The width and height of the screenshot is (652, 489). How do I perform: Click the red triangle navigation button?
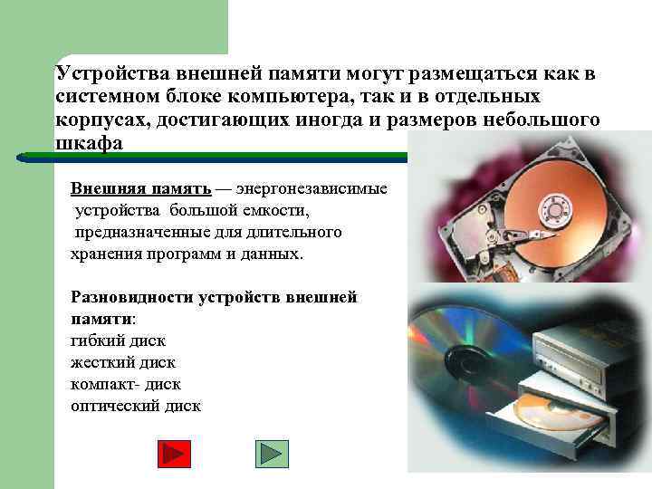(174, 454)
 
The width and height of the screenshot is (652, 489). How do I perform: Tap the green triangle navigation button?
(272, 454)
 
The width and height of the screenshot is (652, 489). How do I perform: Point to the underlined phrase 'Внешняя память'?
(140, 189)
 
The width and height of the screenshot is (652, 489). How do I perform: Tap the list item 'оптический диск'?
(136, 406)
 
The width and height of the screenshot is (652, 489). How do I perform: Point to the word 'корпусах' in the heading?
(93, 120)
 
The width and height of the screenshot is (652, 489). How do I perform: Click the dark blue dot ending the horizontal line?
(21, 158)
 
